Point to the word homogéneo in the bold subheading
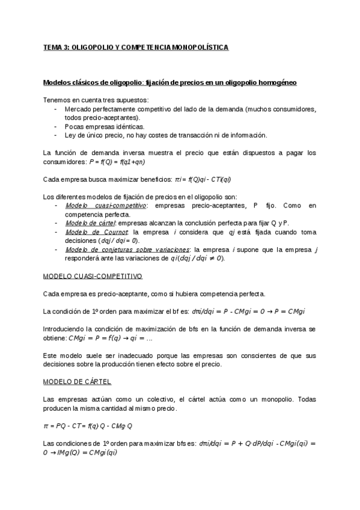276,82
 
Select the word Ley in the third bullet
70,135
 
